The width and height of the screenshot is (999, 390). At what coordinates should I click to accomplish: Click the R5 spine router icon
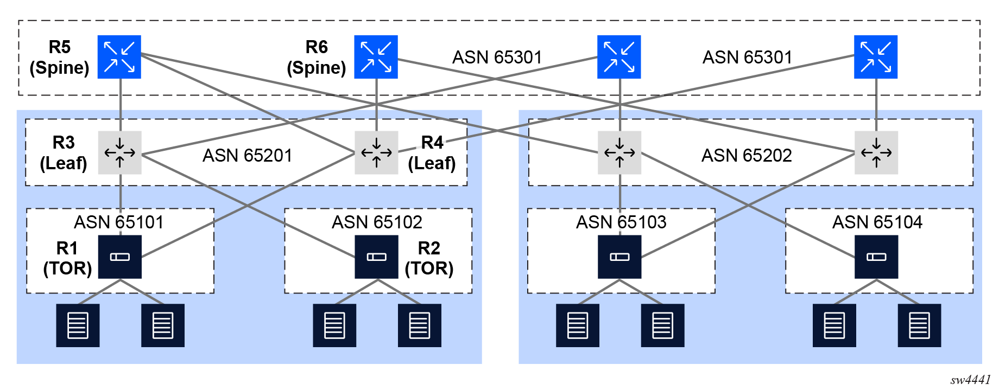point(119,57)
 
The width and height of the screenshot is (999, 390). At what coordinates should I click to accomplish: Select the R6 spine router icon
point(376,57)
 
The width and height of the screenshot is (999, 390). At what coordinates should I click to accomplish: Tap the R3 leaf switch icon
point(119,152)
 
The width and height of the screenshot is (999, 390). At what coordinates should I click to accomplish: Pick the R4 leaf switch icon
point(376,152)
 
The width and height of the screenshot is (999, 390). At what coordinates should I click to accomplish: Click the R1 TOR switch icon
point(119,257)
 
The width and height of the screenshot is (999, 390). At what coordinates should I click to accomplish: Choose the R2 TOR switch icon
point(376,257)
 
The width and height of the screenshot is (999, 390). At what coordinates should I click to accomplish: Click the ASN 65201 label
point(247,156)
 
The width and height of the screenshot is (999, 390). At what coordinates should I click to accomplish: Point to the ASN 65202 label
point(747,156)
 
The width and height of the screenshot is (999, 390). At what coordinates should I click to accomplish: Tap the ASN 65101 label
point(118,222)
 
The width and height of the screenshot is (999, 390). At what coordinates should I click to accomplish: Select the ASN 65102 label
point(377,222)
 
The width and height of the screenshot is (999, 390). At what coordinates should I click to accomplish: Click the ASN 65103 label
point(621,222)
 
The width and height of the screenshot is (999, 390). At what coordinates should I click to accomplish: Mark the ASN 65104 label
point(877,222)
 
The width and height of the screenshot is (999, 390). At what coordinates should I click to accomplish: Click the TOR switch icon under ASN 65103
point(619,257)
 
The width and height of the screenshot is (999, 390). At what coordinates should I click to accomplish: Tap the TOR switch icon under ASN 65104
point(876,257)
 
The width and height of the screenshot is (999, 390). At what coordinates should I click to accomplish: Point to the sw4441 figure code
point(970,380)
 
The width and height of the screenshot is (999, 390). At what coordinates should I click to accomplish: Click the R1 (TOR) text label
point(67,258)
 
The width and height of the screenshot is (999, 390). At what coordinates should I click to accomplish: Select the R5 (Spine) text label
point(59,57)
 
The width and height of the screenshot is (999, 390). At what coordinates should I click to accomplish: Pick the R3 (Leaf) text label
point(64,153)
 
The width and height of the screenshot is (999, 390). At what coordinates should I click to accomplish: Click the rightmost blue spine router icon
point(876,57)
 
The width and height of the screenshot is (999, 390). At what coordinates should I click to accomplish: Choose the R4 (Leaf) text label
point(432,153)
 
